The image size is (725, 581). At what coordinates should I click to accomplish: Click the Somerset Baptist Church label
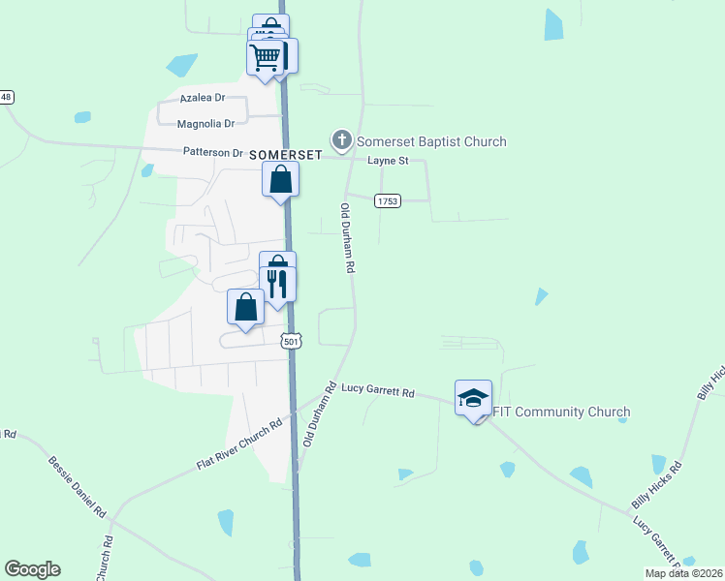[431, 141]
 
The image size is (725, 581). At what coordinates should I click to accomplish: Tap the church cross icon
[341, 141]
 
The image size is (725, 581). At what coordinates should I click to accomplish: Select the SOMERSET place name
[285, 155]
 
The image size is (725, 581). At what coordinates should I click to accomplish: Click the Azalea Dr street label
[202, 98]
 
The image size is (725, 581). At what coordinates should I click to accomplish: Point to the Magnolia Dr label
[206, 124]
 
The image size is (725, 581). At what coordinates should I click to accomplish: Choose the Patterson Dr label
[213, 153]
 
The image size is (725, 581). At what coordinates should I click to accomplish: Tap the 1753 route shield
[388, 199]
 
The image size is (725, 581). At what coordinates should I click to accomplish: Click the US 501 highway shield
[292, 341]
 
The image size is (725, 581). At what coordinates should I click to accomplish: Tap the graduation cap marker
[474, 398]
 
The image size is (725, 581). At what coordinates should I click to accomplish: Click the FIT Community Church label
[561, 412]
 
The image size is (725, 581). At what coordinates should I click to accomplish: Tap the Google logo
[32, 569]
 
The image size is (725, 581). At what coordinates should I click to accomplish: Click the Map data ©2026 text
[682, 573]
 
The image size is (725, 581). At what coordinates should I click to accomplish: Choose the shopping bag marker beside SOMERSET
[280, 179]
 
